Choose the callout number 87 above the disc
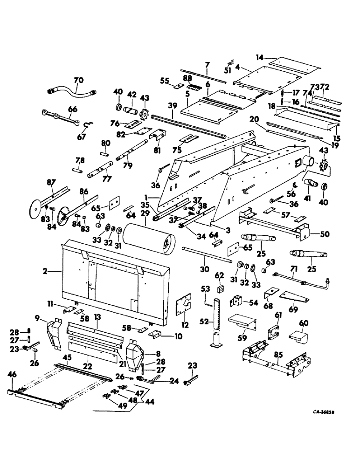(51, 182)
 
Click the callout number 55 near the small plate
(164, 81)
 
